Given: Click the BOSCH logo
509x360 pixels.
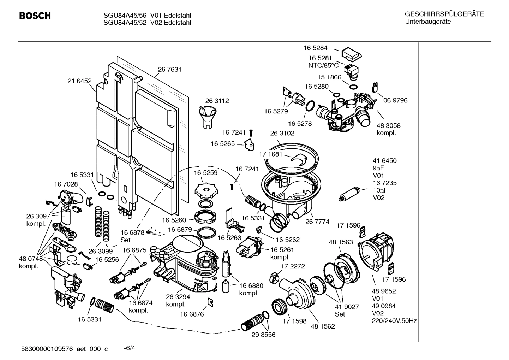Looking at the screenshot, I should [x=35, y=16].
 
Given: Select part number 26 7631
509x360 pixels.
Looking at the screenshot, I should [x=169, y=70].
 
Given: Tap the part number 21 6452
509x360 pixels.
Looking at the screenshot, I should [x=79, y=81].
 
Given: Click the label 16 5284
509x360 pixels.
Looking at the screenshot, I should [x=315, y=48].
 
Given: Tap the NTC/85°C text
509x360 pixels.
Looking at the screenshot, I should [x=323, y=65].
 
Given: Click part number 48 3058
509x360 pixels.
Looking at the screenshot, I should [x=388, y=125].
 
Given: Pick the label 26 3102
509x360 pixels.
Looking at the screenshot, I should [x=282, y=133].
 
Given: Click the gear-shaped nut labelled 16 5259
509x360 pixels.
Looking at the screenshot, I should [x=205, y=190].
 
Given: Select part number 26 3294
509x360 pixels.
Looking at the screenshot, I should [x=178, y=297].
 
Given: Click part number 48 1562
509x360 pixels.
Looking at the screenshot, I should [x=323, y=326].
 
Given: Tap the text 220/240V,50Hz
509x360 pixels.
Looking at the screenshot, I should [x=394, y=321].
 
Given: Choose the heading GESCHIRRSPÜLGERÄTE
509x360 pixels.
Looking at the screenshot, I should [x=444, y=14].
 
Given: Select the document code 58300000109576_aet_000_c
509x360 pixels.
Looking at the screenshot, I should [x=65, y=349].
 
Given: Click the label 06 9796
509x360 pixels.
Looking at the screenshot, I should [x=395, y=100].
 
